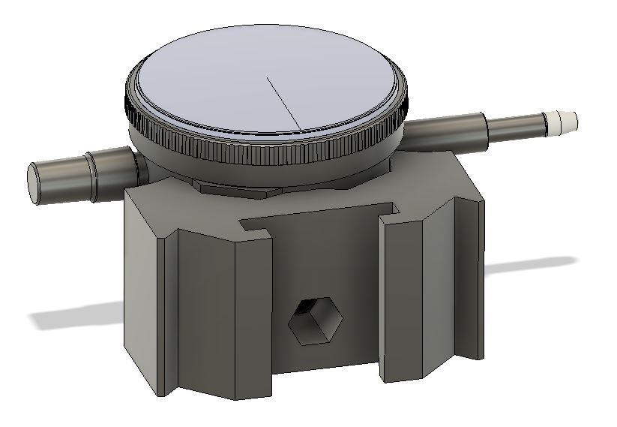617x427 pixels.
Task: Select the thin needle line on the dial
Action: (283, 102)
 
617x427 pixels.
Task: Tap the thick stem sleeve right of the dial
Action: (450, 131)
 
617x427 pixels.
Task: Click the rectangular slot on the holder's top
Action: (315, 218)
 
